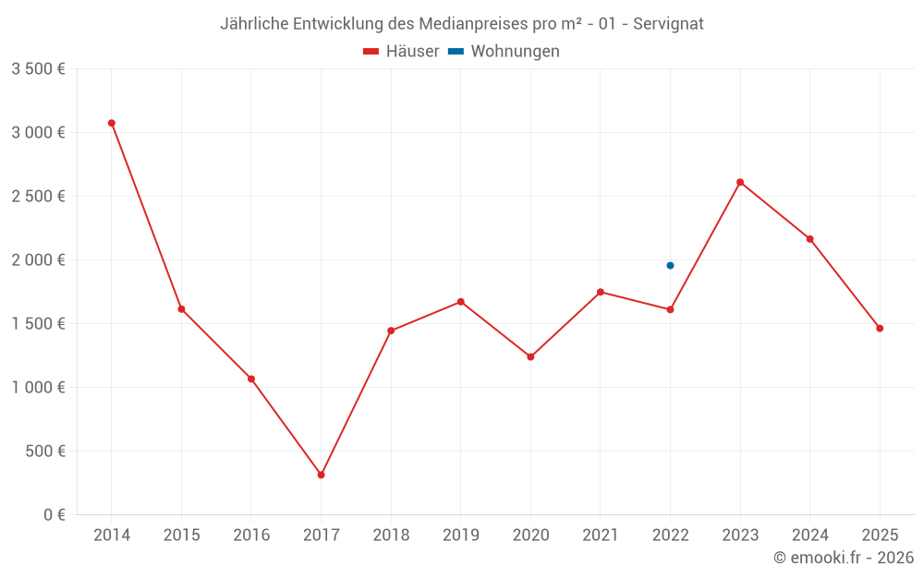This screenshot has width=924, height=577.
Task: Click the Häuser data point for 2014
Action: click(112, 123)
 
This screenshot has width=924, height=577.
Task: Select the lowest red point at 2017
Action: click(321, 475)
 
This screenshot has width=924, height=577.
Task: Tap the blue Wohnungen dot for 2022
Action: click(670, 265)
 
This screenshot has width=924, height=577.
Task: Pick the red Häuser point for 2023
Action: click(740, 182)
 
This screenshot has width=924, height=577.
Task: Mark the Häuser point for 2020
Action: click(530, 356)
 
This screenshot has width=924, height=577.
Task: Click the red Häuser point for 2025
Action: click(880, 328)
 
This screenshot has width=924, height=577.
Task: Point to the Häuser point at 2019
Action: click(460, 302)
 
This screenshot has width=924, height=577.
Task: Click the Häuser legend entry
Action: click(401, 52)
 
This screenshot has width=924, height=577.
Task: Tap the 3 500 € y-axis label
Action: click(38, 69)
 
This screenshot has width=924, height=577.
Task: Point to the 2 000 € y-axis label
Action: click(38, 260)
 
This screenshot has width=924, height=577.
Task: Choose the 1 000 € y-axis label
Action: click(38, 388)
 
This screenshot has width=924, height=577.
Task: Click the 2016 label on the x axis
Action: click(251, 535)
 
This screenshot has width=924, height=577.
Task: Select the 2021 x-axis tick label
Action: click(601, 535)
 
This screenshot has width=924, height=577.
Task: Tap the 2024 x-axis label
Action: click(809, 535)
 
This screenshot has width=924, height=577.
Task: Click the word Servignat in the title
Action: click(668, 24)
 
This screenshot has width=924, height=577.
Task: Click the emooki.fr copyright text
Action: click(844, 558)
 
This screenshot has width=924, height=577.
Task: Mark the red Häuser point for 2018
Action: click(391, 331)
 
